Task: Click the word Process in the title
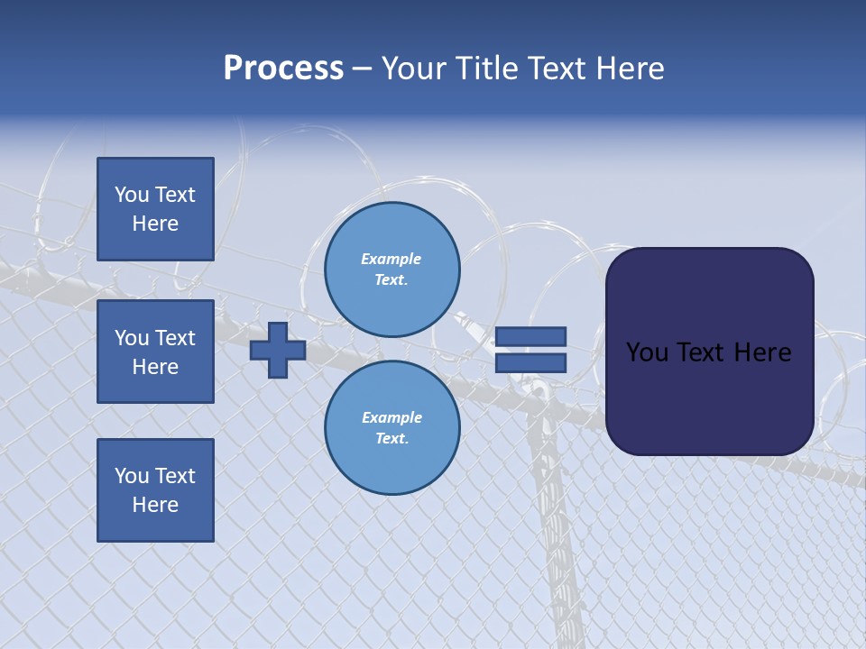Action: (x=283, y=69)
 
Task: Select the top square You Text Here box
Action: (x=155, y=209)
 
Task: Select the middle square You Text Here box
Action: (x=155, y=352)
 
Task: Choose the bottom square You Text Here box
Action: (x=155, y=490)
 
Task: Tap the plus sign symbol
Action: (x=278, y=350)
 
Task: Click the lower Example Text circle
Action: (x=392, y=428)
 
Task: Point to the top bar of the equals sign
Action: (x=530, y=337)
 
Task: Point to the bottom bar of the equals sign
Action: (x=530, y=362)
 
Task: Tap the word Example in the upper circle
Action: (x=392, y=260)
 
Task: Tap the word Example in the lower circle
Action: (x=392, y=418)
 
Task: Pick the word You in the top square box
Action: (x=131, y=195)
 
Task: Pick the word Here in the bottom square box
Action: (x=155, y=505)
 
